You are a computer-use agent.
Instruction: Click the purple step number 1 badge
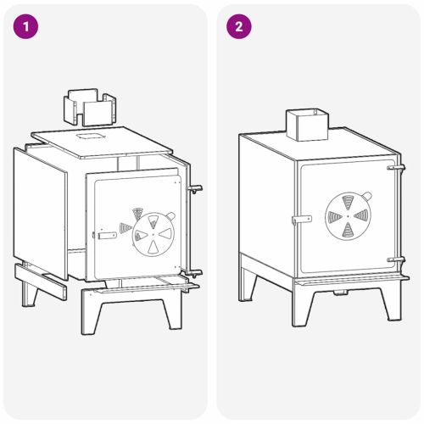point(25,26)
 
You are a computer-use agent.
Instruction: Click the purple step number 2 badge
point(239,26)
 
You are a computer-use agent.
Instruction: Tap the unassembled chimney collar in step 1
point(90,107)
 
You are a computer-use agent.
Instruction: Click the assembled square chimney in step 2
point(307,125)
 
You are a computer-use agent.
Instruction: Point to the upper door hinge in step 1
point(195,188)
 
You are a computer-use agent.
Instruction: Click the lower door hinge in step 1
point(194,273)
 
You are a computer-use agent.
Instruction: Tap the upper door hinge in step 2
point(396,168)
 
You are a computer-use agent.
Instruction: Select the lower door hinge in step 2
point(396,259)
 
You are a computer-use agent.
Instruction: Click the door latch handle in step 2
point(302,220)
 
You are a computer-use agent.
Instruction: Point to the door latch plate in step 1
point(107,236)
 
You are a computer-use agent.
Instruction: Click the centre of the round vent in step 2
point(348,216)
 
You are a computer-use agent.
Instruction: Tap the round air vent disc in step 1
point(153,234)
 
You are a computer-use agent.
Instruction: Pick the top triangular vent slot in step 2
point(348,202)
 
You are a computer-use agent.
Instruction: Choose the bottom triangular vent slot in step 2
point(348,230)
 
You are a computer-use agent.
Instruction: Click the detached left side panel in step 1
point(40,213)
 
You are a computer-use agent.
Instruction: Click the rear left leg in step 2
point(247,285)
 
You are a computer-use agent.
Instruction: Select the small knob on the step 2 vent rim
point(366,195)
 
